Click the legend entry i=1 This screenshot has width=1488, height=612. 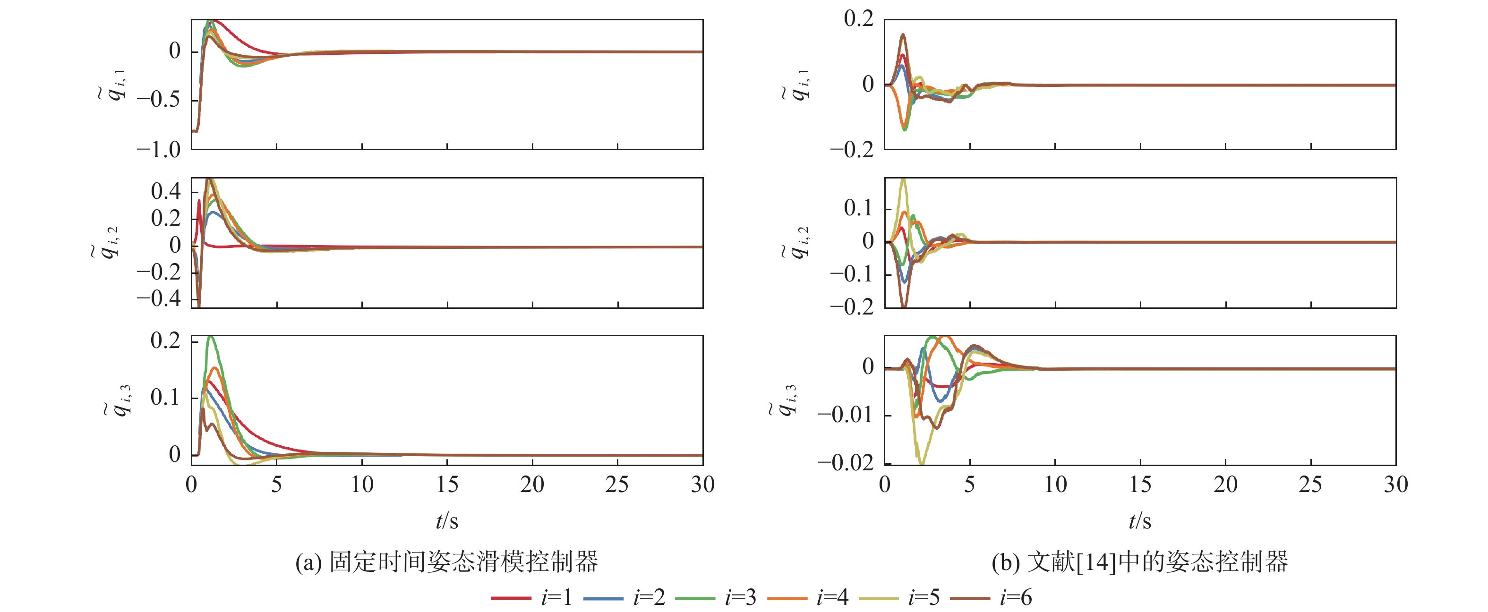pos(531,597)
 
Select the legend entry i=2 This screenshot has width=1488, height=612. pos(624,597)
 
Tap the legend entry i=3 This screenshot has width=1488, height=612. pos(715,597)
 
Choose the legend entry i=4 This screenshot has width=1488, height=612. pos(808,597)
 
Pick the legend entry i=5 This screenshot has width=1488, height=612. pos(899,597)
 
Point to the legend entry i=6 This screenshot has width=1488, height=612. pos(991,597)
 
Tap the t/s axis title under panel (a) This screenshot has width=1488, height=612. pos(447,521)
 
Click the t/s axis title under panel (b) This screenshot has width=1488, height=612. pos(1140,521)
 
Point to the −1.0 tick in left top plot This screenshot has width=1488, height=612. pos(159,150)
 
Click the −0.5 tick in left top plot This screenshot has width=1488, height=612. pos(159,100)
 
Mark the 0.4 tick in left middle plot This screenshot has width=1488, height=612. pos(166,191)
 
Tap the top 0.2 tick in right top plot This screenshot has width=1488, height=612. pos(859,18)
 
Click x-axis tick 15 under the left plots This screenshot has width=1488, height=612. pos(447,484)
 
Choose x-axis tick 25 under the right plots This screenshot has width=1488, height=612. pos(1310,484)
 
